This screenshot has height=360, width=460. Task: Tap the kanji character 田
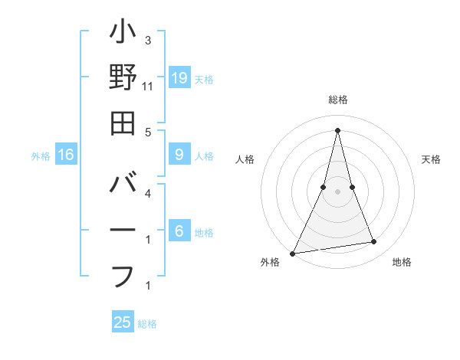(x=123, y=123)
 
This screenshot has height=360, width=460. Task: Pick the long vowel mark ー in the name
(x=123, y=231)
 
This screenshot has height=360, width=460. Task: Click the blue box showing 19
(x=179, y=77)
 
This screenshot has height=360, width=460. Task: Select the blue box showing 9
(x=179, y=155)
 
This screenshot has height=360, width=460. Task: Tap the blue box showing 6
(x=179, y=231)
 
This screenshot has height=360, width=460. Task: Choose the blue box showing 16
(x=66, y=155)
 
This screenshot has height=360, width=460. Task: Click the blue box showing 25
(x=123, y=322)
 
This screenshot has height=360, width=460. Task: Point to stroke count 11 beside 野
(x=148, y=87)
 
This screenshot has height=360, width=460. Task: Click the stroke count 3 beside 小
(x=148, y=40)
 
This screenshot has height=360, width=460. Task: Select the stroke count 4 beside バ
(x=148, y=194)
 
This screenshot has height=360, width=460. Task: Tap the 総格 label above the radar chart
(x=337, y=100)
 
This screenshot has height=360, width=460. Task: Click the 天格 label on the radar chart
(x=432, y=159)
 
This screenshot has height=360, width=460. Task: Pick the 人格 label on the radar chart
(x=245, y=159)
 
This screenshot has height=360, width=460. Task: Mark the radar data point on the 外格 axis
(x=292, y=253)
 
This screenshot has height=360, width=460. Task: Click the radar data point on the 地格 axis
(x=374, y=242)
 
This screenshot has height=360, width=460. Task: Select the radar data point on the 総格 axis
(x=337, y=130)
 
